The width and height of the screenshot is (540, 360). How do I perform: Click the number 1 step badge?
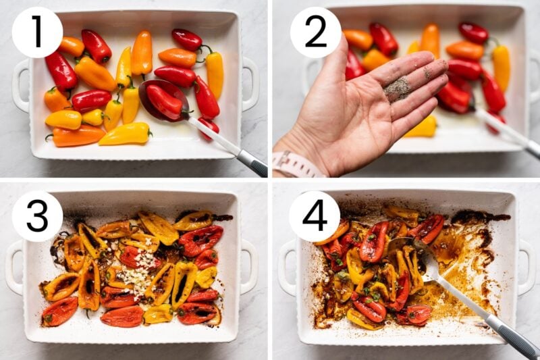(x=37, y=32)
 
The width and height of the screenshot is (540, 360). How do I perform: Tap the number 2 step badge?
(x=315, y=32)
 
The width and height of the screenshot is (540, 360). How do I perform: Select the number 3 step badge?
(x=37, y=215)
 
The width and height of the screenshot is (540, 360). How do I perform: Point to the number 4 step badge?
(x=315, y=215)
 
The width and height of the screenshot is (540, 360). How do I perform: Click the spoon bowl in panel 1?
(x=163, y=99)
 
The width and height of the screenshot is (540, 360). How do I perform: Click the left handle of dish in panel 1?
(x=20, y=85)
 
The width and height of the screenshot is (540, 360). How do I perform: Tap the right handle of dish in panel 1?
(x=250, y=84)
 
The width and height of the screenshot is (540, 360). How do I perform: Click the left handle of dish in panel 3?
(x=15, y=267)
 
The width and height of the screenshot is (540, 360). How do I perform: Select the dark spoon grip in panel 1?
(x=252, y=163)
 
